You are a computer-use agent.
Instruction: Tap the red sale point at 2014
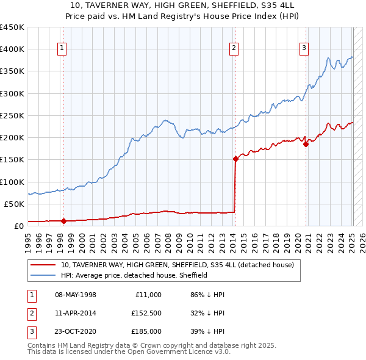235,159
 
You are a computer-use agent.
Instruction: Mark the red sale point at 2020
306,144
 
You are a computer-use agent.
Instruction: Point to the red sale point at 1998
63,221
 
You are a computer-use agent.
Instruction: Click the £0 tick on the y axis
18,226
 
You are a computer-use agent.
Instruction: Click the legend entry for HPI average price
134,275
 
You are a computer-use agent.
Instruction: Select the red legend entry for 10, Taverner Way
177,265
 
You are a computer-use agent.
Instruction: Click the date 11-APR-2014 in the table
76,313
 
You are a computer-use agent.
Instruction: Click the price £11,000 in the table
148,295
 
